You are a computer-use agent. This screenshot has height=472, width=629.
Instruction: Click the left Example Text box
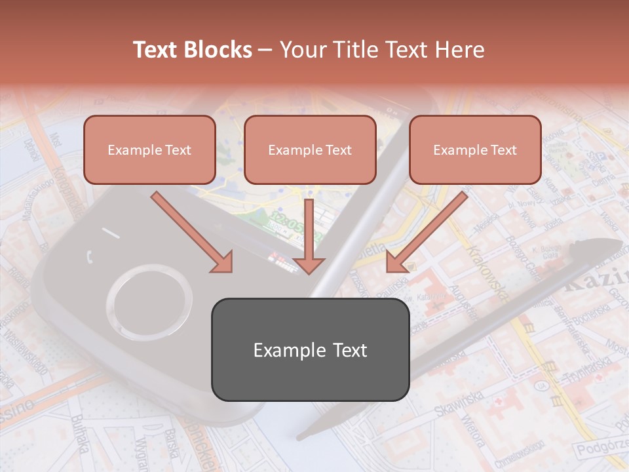pos(149,149)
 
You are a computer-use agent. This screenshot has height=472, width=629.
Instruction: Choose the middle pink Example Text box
pos(310,149)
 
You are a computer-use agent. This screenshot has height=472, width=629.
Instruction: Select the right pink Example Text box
pos(475,149)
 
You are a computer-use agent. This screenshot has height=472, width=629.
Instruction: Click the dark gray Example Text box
pos(310,349)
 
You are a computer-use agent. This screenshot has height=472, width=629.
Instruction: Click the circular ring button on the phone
pos(149,303)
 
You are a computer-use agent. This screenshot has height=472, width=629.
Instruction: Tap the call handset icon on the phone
pos(89,256)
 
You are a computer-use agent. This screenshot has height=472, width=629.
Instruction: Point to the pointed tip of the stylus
pos(300,435)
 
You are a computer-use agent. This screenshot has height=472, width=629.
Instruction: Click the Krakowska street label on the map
pos(486,269)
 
